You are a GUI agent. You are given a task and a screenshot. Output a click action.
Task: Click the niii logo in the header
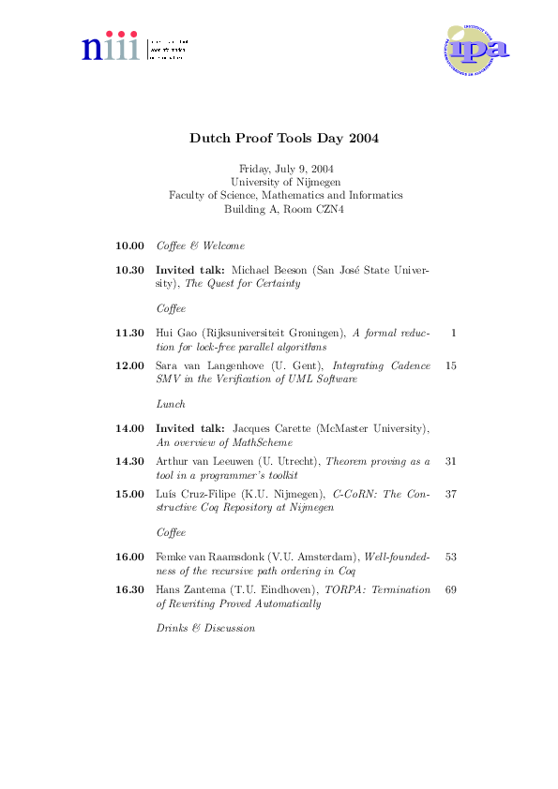tap(134, 47)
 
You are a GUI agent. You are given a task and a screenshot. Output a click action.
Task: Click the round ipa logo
tap(477, 50)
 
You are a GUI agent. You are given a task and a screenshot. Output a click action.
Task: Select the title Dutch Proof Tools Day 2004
tap(284, 138)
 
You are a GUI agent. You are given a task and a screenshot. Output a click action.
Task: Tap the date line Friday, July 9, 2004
tap(285, 168)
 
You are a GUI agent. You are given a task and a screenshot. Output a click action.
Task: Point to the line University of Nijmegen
tap(285, 182)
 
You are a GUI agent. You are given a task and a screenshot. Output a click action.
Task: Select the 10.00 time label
tap(129, 246)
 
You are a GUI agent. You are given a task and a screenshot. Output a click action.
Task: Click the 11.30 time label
tap(129, 333)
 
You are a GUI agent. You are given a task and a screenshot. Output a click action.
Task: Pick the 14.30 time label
tap(129, 461)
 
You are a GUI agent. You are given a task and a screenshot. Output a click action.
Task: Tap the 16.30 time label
tap(129, 589)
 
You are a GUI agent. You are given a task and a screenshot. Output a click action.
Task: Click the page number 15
tap(451, 365)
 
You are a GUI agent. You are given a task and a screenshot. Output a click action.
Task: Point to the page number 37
tap(451, 493)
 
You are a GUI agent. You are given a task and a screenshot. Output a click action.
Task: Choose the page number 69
tap(451, 589)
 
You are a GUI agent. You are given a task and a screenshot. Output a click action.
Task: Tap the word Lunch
tap(171, 404)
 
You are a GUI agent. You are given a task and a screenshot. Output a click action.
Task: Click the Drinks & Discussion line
tap(205, 628)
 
